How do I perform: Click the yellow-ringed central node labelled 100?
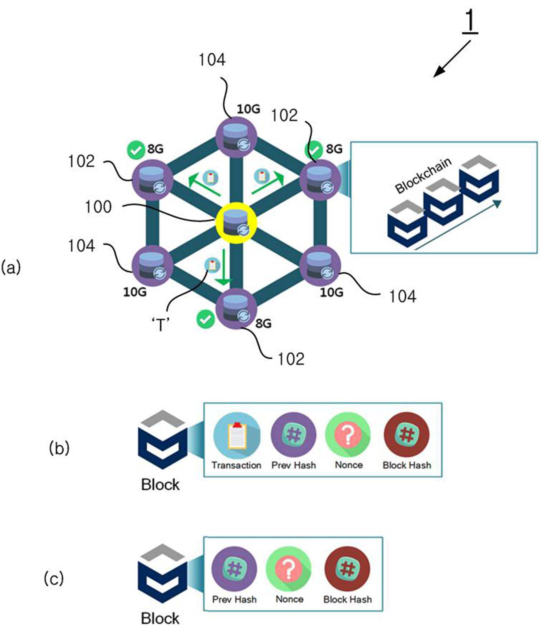click(x=236, y=223)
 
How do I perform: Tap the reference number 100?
click(x=98, y=207)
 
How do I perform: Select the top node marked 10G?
click(x=236, y=137)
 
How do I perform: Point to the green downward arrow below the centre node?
click(x=224, y=267)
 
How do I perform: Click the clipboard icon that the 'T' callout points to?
click(x=212, y=265)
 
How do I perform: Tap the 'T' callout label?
click(x=161, y=325)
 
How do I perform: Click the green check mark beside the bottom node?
click(x=205, y=319)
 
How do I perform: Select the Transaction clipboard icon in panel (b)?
click(x=237, y=435)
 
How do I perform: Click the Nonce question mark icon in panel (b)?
click(x=348, y=435)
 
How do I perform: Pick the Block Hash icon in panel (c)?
click(x=347, y=569)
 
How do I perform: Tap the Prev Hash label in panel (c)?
click(x=234, y=599)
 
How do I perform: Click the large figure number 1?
click(x=470, y=21)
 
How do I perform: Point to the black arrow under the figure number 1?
click(x=452, y=59)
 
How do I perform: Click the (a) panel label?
click(x=11, y=268)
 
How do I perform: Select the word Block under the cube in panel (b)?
click(x=160, y=485)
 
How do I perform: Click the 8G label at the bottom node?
click(x=263, y=323)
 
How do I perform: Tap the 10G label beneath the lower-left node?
click(x=135, y=292)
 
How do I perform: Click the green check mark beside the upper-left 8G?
click(x=136, y=150)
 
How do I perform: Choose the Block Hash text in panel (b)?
click(x=407, y=465)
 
